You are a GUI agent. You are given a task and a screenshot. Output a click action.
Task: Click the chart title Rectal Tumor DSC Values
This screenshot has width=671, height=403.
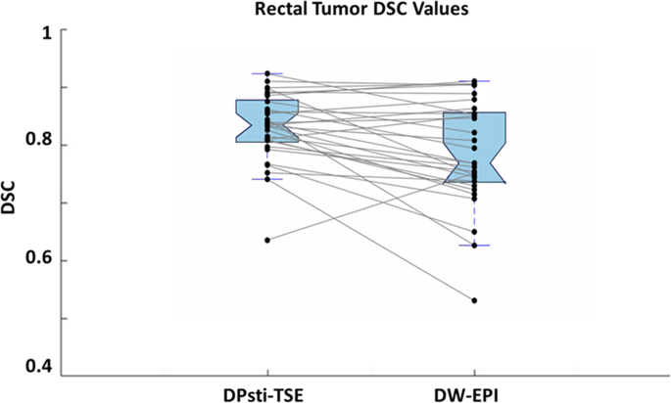[x=336, y=10]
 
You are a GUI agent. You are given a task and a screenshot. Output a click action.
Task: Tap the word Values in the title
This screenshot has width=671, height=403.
[x=401, y=10]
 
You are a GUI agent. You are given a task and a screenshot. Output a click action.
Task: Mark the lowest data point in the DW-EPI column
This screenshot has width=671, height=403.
[x=474, y=300]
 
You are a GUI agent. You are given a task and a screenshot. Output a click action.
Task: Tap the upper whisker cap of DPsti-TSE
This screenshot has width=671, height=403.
[x=267, y=73]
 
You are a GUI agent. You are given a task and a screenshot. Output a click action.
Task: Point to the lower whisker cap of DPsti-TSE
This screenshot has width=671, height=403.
[x=267, y=179]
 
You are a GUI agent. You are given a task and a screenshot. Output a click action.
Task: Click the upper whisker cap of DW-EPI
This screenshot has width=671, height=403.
[x=474, y=80]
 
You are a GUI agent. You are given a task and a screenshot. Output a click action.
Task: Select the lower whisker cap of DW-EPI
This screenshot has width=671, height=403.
[x=474, y=246]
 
